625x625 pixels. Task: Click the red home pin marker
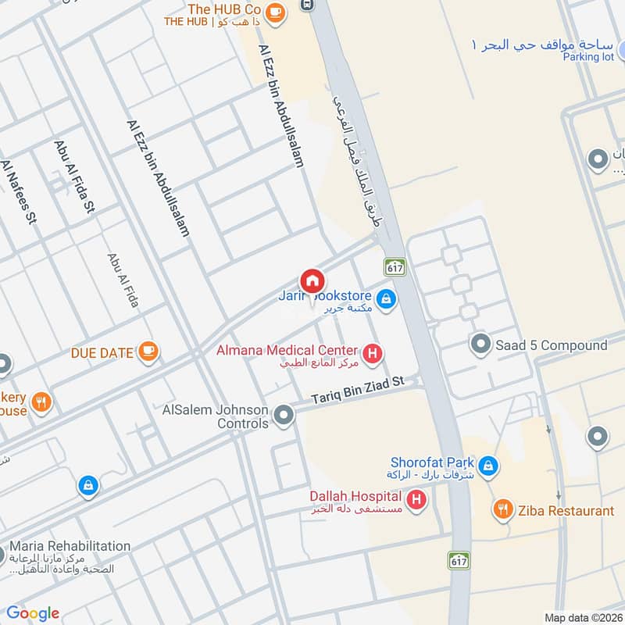click(312, 281)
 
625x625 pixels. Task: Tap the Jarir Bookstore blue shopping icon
click(385, 298)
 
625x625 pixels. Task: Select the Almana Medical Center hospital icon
click(373, 355)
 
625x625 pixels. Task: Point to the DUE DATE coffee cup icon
click(148, 352)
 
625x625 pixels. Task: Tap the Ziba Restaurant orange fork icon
click(503, 510)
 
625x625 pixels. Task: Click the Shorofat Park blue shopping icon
click(488, 467)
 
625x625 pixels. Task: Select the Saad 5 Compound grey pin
click(480, 344)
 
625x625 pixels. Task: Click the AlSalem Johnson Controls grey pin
click(284, 416)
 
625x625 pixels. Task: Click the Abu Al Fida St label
click(75, 177)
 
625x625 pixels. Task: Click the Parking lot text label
click(591, 58)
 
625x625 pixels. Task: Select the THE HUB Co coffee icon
click(274, 12)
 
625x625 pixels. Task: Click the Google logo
click(33, 613)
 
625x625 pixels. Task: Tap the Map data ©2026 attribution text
click(582, 617)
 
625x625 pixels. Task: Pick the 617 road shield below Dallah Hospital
click(459, 559)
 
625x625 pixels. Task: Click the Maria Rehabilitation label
click(70, 545)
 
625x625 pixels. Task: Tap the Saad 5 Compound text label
click(552, 345)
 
